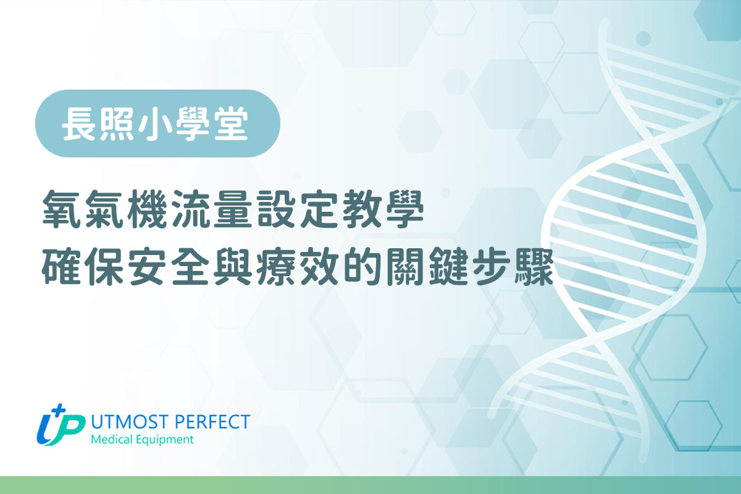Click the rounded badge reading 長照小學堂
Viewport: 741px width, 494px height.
click(158, 124)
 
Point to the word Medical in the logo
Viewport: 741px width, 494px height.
click(110, 440)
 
